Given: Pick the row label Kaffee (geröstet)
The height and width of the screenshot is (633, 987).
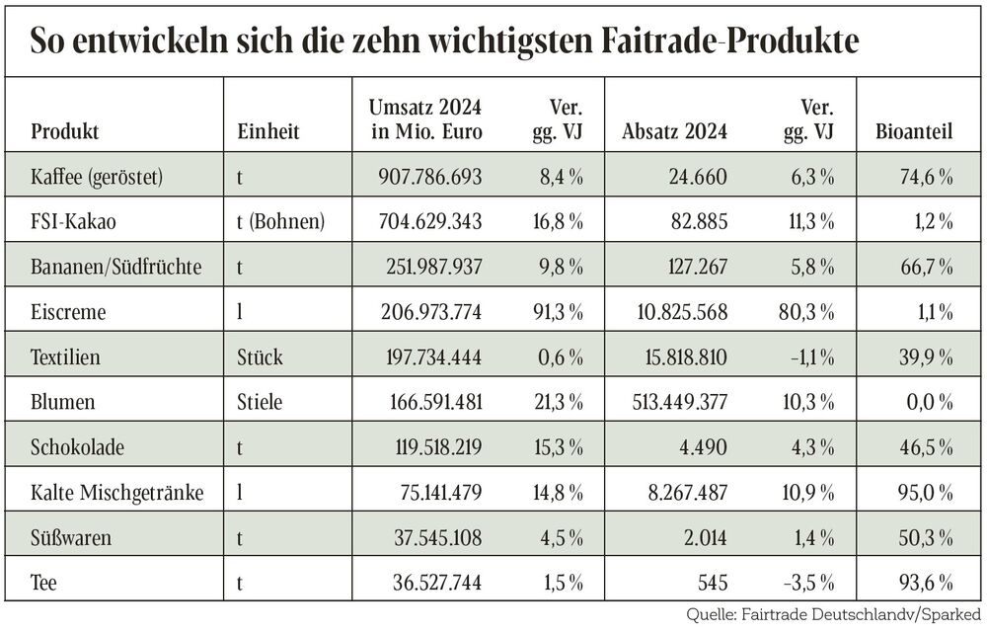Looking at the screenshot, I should pyautogui.click(x=96, y=178).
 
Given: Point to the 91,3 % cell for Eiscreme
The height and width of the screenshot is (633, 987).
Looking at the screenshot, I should pyautogui.click(x=558, y=312).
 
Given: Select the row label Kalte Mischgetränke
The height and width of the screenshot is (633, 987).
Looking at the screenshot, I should pyautogui.click(x=117, y=492).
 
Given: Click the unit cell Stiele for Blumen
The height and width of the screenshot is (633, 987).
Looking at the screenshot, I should pyautogui.click(x=261, y=402).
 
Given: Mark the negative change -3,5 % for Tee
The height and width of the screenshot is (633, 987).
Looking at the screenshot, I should pyautogui.click(x=810, y=582).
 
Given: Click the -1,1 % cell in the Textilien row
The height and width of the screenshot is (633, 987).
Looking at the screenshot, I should pyautogui.click(x=812, y=357).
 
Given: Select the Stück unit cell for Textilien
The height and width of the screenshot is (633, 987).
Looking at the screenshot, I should pyautogui.click(x=260, y=357).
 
